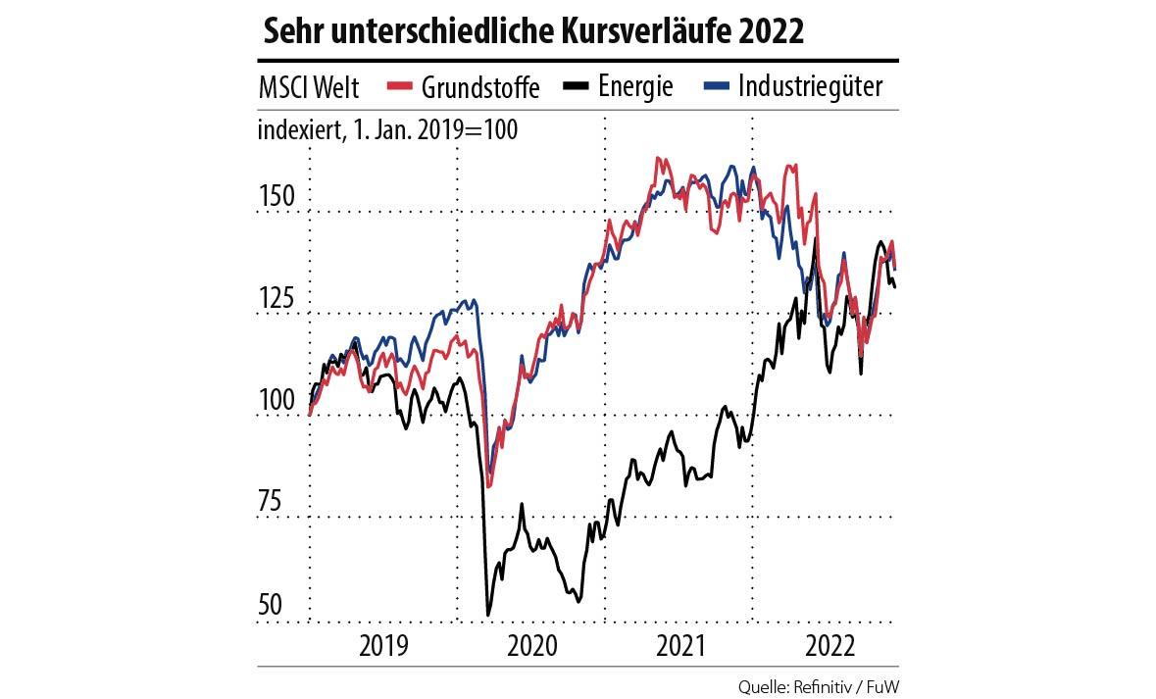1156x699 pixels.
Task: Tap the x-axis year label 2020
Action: [530, 646]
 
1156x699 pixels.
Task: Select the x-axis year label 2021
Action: [679, 646]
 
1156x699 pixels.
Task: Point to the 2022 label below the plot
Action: [829, 646]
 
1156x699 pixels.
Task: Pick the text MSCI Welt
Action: [309, 87]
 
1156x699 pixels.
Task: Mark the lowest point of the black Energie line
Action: [488, 616]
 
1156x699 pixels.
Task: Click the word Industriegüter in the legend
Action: [810, 87]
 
